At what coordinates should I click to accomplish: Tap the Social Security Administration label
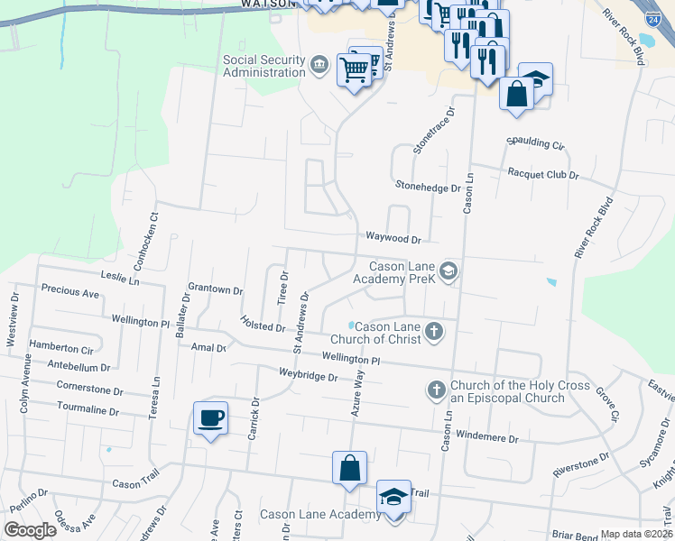(x=264, y=66)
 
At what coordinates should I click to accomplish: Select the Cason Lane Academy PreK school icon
(x=449, y=270)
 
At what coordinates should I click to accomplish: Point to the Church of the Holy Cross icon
(x=436, y=390)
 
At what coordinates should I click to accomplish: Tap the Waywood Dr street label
(x=393, y=239)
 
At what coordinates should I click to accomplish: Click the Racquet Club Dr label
(x=542, y=174)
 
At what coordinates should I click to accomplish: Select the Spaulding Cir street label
(x=535, y=144)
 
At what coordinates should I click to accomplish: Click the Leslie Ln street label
(x=120, y=280)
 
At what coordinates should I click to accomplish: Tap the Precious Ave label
(x=70, y=293)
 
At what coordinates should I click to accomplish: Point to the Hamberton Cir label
(x=61, y=346)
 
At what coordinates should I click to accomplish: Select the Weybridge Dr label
(x=308, y=374)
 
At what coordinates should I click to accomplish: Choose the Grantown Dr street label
(x=216, y=290)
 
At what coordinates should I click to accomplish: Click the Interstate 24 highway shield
(x=652, y=17)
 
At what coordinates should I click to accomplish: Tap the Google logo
(x=30, y=530)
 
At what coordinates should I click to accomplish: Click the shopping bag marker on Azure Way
(x=349, y=469)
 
